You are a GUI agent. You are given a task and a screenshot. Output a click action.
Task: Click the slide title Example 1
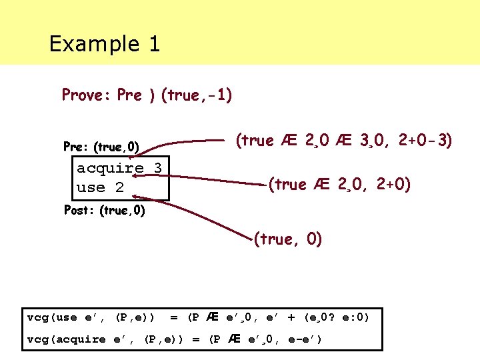coord(104,44)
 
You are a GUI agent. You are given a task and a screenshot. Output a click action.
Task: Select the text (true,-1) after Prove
coord(196,95)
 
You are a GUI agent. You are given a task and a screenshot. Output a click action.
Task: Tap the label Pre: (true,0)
coord(101,146)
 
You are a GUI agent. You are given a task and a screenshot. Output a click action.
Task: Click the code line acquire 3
coord(119,167)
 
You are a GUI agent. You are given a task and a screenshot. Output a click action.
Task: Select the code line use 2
coord(101,187)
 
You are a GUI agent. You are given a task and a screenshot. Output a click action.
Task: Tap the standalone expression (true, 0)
coord(288,239)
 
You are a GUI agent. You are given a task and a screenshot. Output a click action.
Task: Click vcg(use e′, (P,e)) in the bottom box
coord(91,317)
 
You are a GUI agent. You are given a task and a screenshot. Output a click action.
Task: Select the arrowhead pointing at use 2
coord(135,195)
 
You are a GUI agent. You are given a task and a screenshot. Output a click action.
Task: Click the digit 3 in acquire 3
coord(157,167)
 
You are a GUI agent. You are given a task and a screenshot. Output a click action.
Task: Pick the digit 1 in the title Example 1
coord(153,44)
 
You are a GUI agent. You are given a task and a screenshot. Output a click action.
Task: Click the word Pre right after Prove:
coord(129,95)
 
